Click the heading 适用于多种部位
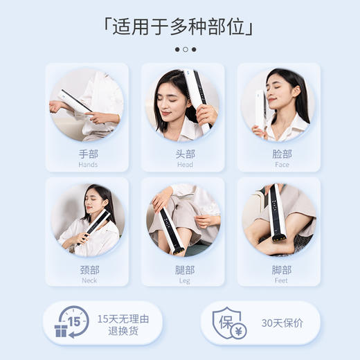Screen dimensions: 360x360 pos(180,26)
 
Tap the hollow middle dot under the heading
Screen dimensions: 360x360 pos(186,50)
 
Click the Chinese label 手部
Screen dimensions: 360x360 pos(88,154)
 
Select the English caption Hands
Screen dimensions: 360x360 pos(88,165)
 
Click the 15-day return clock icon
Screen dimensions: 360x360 pos(71,323)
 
